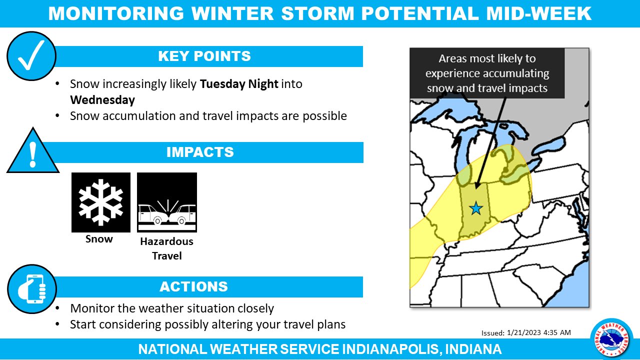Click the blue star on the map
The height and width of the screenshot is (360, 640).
(x=475, y=208)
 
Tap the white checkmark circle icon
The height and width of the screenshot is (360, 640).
(x=31, y=56)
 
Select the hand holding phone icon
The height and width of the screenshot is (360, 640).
(x=32, y=289)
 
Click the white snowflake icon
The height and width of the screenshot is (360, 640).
(x=101, y=202)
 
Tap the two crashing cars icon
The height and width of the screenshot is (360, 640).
(x=167, y=202)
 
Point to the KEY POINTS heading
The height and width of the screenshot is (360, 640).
(x=204, y=56)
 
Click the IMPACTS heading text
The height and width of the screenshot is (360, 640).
(x=200, y=152)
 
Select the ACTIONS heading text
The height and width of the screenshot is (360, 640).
(x=193, y=286)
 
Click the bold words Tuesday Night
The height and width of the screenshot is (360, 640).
(x=239, y=84)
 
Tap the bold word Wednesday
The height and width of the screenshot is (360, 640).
(x=102, y=100)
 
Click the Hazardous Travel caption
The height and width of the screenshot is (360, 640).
(x=167, y=248)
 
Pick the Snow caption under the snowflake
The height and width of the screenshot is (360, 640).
(x=99, y=239)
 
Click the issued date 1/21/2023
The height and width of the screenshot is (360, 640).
(x=524, y=332)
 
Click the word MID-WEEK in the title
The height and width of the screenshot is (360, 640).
(x=539, y=13)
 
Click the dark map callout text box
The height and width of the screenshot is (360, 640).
(x=487, y=73)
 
